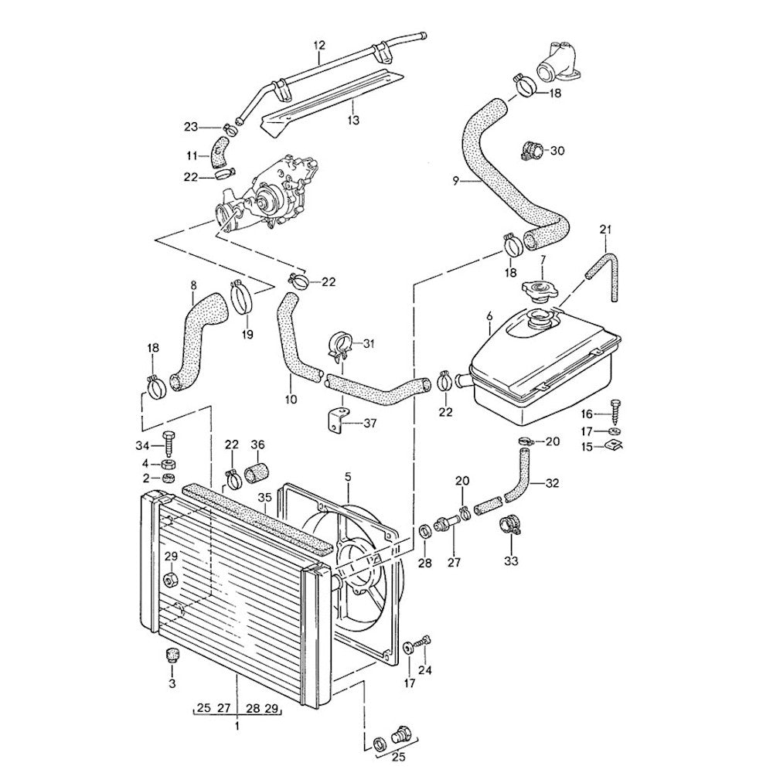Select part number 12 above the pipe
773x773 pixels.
click(318, 46)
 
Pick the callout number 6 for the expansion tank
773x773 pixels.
click(489, 316)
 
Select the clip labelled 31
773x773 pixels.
click(339, 346)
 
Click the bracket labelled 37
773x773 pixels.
click(335, 421)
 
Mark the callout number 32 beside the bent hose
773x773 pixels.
click(551, 485)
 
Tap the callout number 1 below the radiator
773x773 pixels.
click(237, 726)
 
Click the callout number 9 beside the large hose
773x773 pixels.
click(456, 181)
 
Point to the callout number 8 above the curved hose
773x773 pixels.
click(193, 285)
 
